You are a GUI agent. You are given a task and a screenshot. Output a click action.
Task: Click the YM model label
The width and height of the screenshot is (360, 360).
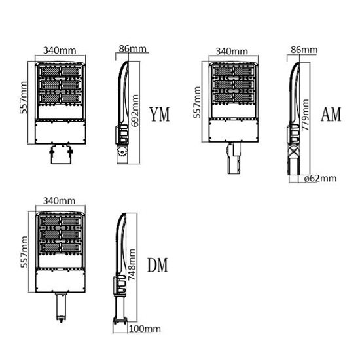[160, 115]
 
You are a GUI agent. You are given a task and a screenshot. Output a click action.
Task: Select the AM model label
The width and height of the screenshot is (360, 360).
[331, 115]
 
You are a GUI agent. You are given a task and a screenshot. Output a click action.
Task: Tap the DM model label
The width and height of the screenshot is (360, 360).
[158, 265]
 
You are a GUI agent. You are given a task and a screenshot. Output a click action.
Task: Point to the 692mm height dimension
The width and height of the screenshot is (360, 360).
[135, 111]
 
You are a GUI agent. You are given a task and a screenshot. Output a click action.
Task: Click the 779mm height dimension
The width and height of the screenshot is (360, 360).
[305, 115]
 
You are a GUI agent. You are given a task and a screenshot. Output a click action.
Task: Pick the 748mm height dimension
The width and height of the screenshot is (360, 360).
[132, 264]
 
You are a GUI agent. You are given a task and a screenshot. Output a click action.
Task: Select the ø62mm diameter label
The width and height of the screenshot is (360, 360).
[320, 179]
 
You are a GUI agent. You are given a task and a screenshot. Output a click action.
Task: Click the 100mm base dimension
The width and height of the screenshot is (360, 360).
[145, 329]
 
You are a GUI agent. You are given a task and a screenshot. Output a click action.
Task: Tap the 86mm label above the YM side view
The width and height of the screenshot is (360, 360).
[133, 49]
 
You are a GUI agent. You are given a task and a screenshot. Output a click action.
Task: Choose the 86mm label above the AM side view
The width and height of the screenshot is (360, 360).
[304, 50]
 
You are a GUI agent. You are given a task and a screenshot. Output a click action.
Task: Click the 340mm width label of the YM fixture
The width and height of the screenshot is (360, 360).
[60, 50]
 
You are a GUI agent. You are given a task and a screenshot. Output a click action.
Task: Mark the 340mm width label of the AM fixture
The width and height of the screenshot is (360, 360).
[232, 51]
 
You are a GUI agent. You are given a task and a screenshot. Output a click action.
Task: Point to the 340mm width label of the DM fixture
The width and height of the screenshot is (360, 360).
[59, 201]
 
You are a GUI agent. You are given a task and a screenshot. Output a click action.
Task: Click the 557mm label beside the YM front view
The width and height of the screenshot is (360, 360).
[24, 98]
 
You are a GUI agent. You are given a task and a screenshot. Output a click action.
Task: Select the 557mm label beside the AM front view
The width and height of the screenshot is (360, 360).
[197, 102]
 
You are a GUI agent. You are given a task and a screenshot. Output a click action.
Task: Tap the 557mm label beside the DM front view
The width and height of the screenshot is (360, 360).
[24, 251]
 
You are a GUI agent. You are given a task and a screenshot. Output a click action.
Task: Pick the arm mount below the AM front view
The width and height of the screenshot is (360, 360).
[234, 158]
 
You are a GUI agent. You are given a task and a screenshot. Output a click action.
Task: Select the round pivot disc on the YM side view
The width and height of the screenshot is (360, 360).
[122, 153]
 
